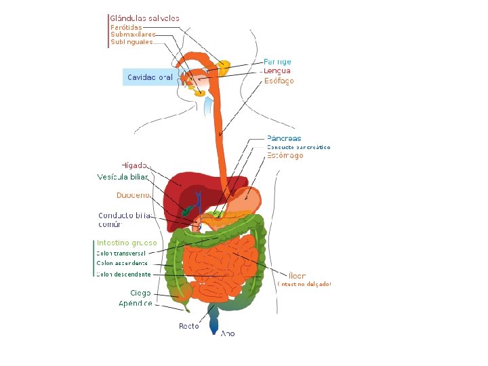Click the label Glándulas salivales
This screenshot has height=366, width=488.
pos(145,18)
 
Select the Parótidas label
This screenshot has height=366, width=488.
pos(126,27)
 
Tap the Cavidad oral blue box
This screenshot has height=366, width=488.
pos(150,77)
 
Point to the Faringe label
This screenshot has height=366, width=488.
pos(278,62)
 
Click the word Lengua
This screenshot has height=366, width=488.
pos(277,70)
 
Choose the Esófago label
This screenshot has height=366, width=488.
pos(279,81)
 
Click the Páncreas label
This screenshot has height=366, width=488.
pos(284,138)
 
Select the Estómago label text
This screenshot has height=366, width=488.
pos(285,155)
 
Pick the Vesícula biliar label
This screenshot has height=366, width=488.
pos(122,178)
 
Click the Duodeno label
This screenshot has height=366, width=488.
pos(133,195)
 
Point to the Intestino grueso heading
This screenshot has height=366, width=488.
pos(127,242)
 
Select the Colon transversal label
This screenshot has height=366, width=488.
pos(121,253)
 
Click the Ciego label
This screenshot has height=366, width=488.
pos(140,293)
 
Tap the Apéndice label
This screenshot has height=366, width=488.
pos(136,303)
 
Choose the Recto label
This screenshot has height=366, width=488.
pos(188,326)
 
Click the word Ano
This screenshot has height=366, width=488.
pos(228,333)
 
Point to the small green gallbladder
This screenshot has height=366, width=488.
pos(185,210)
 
